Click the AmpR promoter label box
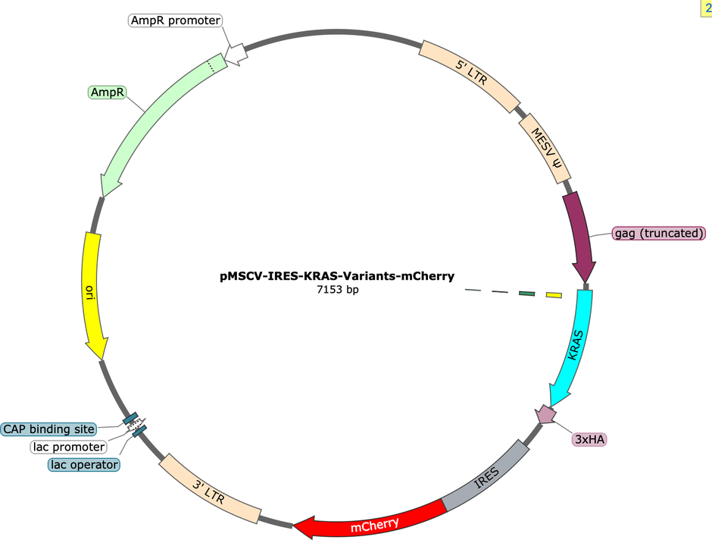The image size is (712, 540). point(175,20)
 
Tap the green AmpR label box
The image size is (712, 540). point(107,93)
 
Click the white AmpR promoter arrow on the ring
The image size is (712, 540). point(236,54)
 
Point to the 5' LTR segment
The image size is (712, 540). point(470,73)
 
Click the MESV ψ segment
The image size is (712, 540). point(545,147)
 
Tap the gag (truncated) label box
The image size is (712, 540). point(658,233)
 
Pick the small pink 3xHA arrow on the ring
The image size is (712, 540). point(546,414)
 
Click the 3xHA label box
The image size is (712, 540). point(589,439)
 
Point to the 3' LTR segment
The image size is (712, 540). point(209,489)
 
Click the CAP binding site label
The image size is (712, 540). point(48,429)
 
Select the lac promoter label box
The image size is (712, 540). point(69,447)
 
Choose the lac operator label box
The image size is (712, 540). point(84,465)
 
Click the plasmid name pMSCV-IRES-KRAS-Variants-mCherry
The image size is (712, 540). point(337,276)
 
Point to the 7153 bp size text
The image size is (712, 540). point(337,290)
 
